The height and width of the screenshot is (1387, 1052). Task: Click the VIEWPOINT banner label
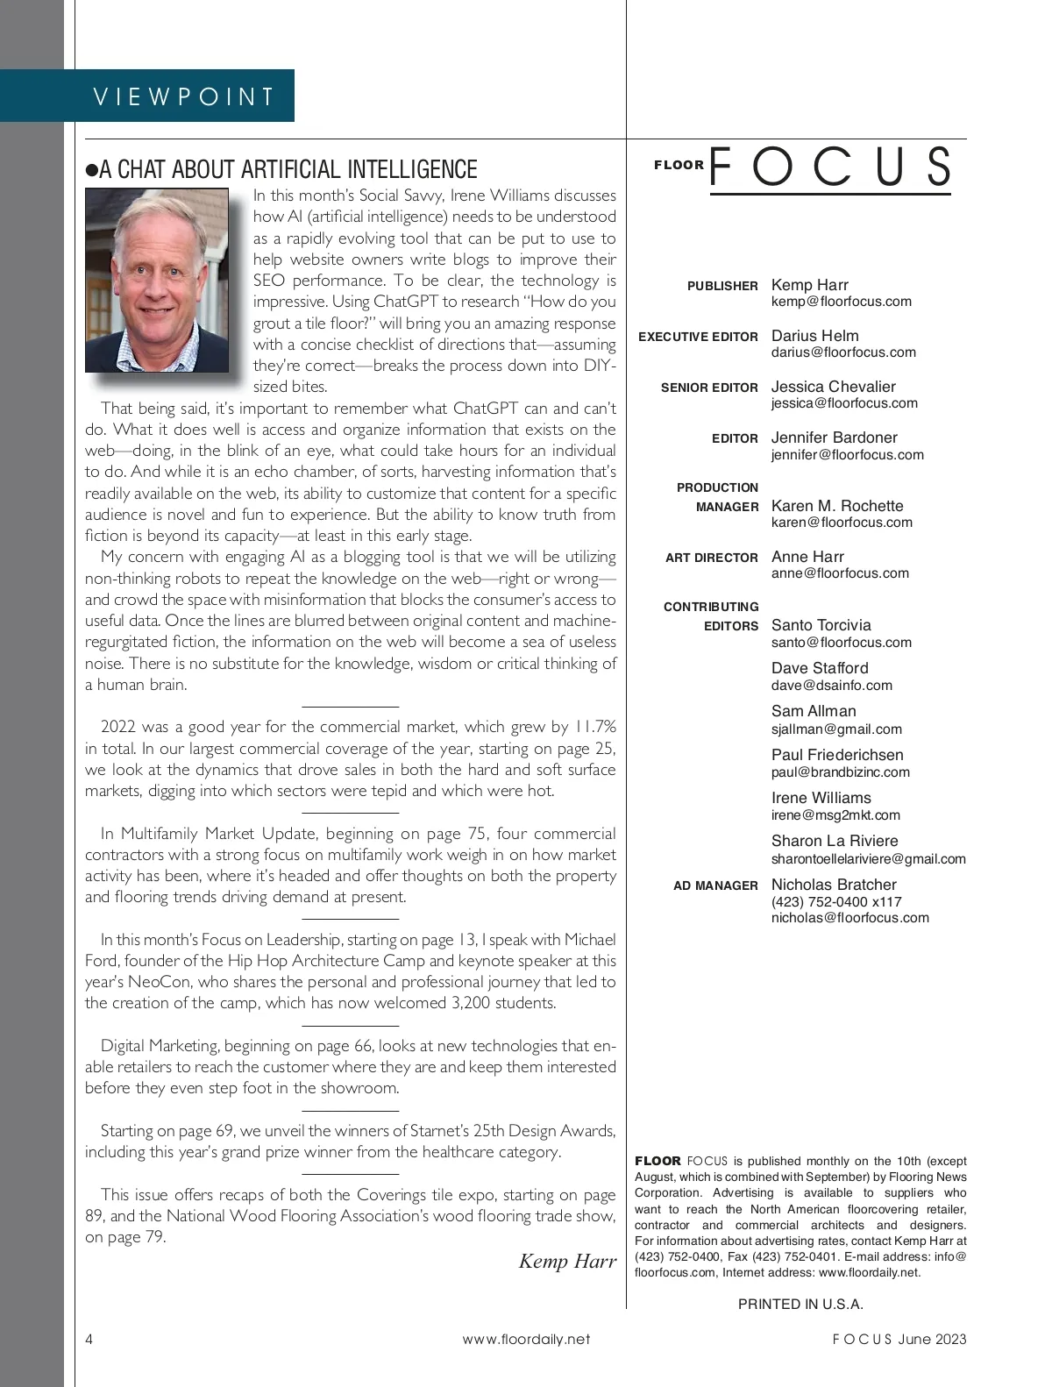[184, 96]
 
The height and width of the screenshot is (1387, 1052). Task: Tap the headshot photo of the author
[157, 281]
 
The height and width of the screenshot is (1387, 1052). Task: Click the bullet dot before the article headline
[91, 170]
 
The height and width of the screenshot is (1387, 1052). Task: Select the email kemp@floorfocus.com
[841, 302]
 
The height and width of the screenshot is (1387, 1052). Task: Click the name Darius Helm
[814, 336]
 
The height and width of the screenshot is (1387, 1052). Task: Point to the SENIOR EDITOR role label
[709, 388]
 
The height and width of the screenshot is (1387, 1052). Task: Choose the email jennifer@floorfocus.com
[847, 455]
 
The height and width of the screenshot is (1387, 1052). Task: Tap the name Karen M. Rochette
[836, 506]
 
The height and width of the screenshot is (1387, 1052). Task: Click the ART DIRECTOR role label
[711, 558]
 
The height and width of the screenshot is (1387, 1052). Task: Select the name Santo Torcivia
[821, 625]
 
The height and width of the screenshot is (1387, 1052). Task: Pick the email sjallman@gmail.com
[835, 729]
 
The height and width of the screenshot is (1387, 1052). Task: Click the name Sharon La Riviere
[834, 841]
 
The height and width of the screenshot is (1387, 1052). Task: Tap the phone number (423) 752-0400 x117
[835, 902]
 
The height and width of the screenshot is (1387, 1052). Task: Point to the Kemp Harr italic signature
[567, 1261]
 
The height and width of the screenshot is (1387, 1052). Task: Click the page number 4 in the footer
[89, 1339]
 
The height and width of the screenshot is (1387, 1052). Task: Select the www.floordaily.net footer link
[526, 1339]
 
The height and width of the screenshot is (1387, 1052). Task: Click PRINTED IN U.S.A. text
[800, 1304]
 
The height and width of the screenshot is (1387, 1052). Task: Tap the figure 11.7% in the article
[594, 727]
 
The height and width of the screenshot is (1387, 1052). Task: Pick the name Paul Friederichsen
[836, 755]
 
